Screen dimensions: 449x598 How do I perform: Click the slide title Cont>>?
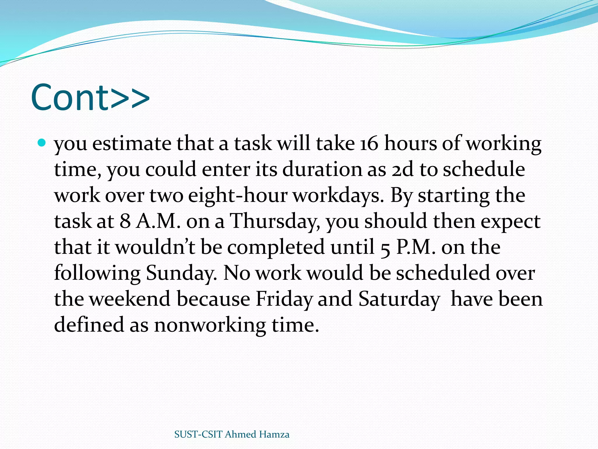(90, 97)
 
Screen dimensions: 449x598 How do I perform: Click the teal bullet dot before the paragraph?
(42, 143)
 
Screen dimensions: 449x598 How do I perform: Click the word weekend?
(130, 299)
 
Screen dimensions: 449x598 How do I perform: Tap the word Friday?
(284, 299)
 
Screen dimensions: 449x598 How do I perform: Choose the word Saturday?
(399, 299)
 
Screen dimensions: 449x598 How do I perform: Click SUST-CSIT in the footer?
(198, 434)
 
